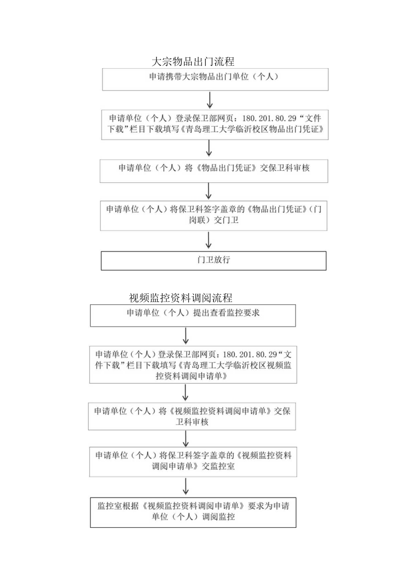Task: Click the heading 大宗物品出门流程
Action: point(193,61)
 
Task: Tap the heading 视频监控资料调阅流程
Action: point(180,298)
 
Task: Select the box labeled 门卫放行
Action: point(214,260)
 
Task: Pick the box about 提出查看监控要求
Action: point(193,315)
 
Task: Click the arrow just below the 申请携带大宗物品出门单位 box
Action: point(209,100)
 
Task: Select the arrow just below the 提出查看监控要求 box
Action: point(186,336)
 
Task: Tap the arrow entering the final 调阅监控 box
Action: point(186,486)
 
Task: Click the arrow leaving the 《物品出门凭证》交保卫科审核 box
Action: point(208,191)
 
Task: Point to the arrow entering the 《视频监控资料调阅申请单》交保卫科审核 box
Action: point(186,393)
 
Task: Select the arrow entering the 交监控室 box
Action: point(186,439)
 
